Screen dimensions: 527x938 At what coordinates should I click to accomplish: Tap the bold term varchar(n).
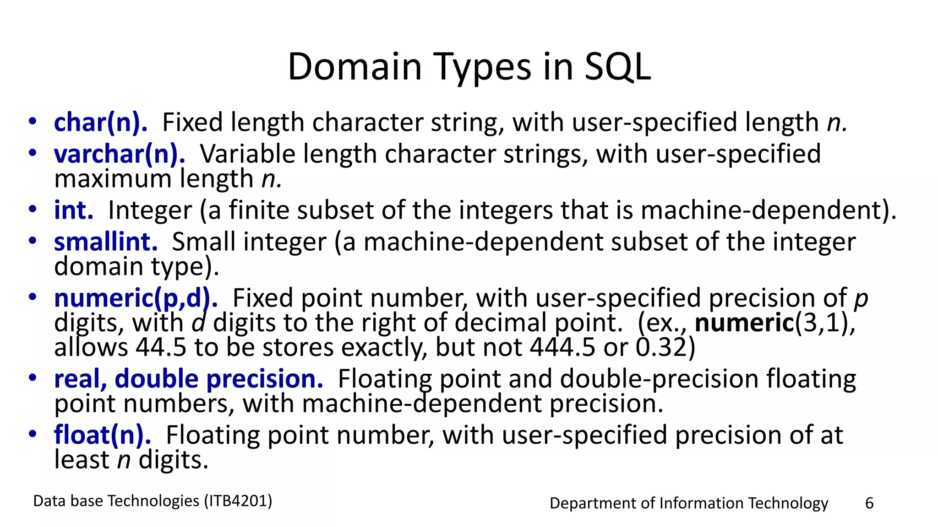click(120, 154)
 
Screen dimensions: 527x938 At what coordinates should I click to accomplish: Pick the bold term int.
click(73, 210)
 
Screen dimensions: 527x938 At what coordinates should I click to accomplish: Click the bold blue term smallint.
click(106, 242)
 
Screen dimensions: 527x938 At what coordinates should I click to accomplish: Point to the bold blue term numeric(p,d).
click(136, 298)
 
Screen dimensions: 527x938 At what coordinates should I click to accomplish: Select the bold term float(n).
click(102, 435)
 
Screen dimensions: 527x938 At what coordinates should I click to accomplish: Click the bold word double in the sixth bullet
click(156, 379)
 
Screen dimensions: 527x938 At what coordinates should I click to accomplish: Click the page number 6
click(869, 503)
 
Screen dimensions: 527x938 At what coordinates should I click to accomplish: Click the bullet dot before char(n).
click(32, 122)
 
